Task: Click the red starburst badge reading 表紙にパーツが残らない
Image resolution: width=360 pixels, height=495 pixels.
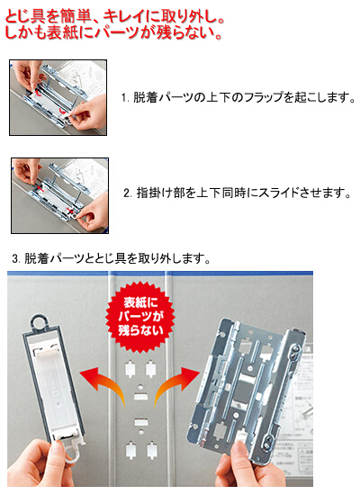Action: coord(139,317)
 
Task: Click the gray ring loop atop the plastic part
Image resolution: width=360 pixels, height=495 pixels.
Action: coord(40,321)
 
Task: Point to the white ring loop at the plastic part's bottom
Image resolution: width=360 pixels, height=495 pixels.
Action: coord(72,454)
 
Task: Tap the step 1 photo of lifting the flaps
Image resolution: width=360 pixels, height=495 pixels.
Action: coord(58,97)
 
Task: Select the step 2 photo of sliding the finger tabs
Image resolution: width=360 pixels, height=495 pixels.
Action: coord(59,195)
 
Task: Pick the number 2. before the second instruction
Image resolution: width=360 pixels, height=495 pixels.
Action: coord(128,193)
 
